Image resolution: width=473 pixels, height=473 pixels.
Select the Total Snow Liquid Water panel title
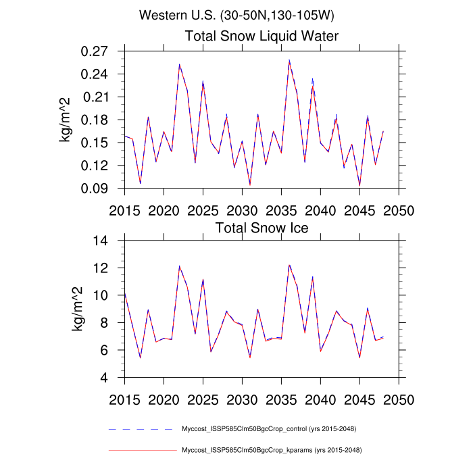[262, 36]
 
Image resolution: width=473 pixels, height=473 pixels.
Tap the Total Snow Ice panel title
[262, 228]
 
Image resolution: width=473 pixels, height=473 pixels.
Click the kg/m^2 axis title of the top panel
[67, 120]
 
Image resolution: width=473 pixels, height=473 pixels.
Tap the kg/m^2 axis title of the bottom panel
[77, 309]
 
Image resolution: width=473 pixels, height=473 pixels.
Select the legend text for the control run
[269, 429]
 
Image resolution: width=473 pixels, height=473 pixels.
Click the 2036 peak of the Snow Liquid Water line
[289, 61]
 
